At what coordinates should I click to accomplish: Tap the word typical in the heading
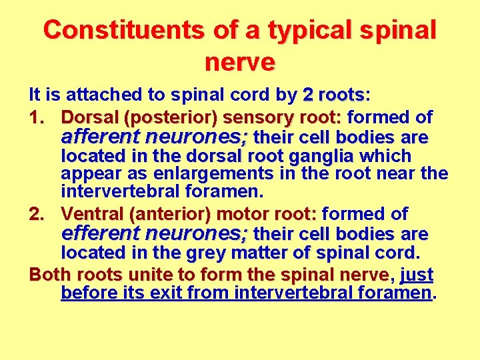point(307,30)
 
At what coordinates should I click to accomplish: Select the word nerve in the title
point(239,62)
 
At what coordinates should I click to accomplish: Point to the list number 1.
point(37,118)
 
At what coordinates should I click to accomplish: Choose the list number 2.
point(37,215)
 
